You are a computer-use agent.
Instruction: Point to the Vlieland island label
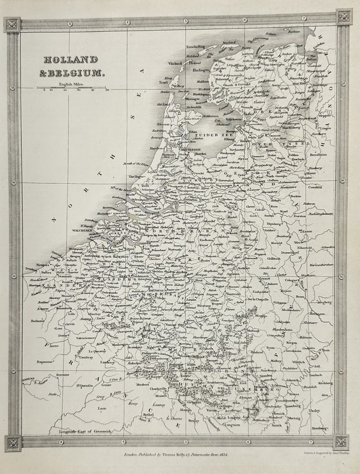click(x=175, y=64)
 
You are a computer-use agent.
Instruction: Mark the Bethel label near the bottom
click(x=147, y=415)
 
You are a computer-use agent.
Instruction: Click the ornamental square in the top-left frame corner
click(x=12, y=24)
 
